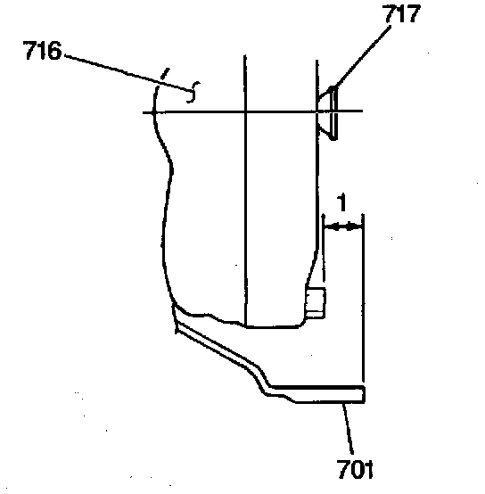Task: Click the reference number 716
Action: pyautogui.click(x=42, y=51)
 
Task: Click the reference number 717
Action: pyautogui.click(x=402, y=13)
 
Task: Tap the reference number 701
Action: pyautogui.click(x=355, y=469)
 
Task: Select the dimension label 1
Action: pyautogui.click(x=341, y=202)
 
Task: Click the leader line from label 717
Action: pyautogui.click(x=362, y=57)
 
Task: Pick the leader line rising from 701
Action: pyautogui.click(x=348, y=429)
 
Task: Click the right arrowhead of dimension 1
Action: pyautogui.click(x=354, y=226)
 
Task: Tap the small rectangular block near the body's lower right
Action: pyautogui.click(x=316, y=303)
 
